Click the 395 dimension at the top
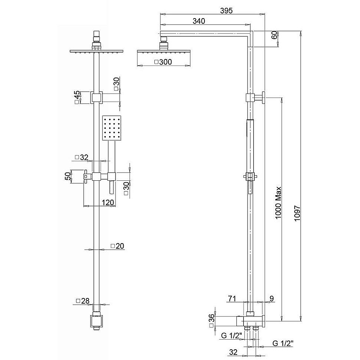[x=226, y=11]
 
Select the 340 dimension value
[x=199, y=21]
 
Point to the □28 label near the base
[x=83, y=301]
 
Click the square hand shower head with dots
[x=111, y=127]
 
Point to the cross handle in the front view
[x=88, y=177]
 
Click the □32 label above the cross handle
[x=81, y=157]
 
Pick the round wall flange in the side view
[x=263, y=98]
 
